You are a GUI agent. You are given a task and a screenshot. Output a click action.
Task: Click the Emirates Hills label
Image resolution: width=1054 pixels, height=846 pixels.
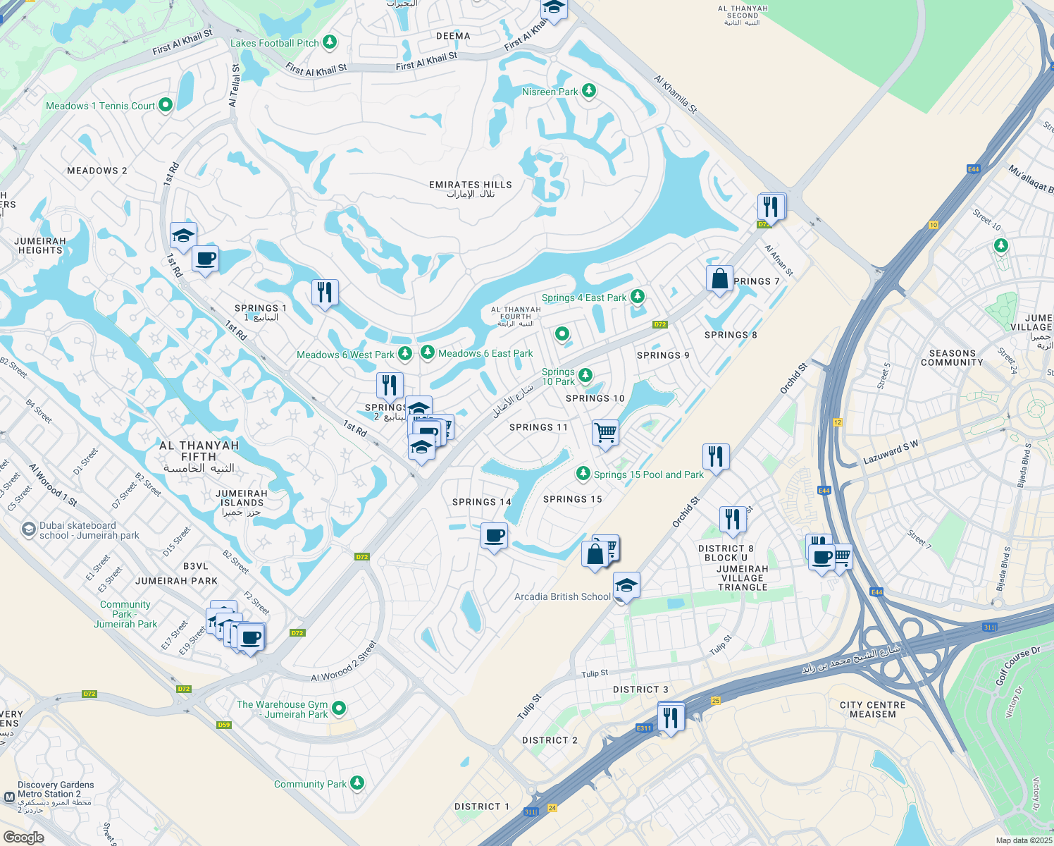click(x=471, y=189)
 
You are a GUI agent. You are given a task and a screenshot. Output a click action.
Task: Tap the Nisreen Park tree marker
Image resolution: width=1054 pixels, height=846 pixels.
click(x=589, y=91)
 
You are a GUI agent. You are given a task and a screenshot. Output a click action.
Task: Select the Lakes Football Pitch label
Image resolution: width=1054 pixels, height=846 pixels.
click(x=275, y=43)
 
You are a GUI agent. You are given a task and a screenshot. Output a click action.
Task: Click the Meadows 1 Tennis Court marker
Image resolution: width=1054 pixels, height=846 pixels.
click(x=166, y=105)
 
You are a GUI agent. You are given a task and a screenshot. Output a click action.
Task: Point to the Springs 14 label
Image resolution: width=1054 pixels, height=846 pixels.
click(x=481, y=502)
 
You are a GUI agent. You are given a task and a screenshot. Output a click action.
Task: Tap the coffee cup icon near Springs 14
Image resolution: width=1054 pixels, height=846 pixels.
click(x=494, y=536)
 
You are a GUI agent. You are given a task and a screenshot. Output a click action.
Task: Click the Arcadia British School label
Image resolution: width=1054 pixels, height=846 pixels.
click(x=562, y=596)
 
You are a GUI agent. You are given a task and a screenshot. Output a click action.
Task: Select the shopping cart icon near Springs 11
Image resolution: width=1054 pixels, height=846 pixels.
click(x=605, y=432)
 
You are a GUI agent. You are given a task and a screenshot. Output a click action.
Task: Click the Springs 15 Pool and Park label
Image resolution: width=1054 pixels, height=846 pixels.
click(x=648, y=474)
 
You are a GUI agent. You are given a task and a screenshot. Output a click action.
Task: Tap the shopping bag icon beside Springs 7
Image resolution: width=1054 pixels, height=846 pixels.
click(x=719, y=278)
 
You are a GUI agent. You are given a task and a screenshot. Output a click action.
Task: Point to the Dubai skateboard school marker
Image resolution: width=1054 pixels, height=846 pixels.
click(x=28, y=529)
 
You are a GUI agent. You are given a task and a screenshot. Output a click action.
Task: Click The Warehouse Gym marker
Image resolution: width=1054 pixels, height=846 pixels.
click(x=339, y=707)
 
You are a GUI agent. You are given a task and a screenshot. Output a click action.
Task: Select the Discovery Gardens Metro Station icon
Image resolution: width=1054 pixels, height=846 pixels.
click(x=9, y=797)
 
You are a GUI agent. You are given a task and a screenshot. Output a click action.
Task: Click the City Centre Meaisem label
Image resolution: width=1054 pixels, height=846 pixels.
click(x=872, y=709)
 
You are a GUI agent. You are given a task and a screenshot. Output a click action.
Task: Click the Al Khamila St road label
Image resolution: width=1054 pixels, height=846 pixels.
click(x=675, y=95)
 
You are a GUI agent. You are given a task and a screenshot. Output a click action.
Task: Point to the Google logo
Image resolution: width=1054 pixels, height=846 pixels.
click(x=23, y=837)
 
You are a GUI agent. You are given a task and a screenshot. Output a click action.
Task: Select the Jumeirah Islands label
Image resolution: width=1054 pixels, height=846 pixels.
click(x=242, y=503)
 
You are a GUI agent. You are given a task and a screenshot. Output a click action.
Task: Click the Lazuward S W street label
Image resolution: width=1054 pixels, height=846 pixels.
click(x=891, y=453)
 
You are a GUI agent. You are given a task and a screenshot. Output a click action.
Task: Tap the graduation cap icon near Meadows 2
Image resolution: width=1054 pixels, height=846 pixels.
click(x=183, y=235)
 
